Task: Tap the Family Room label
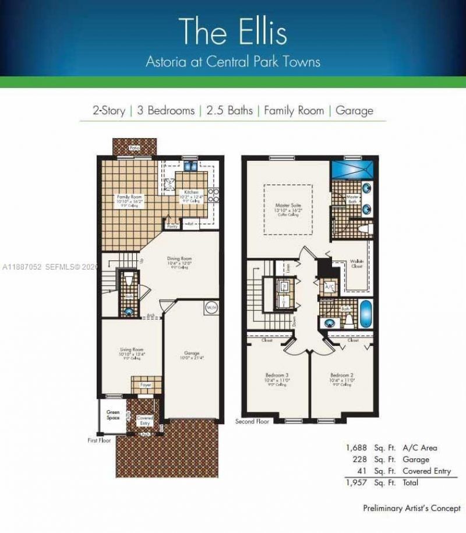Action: (129, 197)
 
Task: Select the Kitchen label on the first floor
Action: (192, 192)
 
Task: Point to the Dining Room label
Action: (179, 259)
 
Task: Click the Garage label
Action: (192, 353)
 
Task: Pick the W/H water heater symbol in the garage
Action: (210, 306)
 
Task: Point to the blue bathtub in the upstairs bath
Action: (365, 313)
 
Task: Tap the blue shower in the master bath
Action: (351, 170)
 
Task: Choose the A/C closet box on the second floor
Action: (329, 287)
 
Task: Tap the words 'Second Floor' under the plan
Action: (252, 421)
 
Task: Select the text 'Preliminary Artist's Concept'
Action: (411, 508)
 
